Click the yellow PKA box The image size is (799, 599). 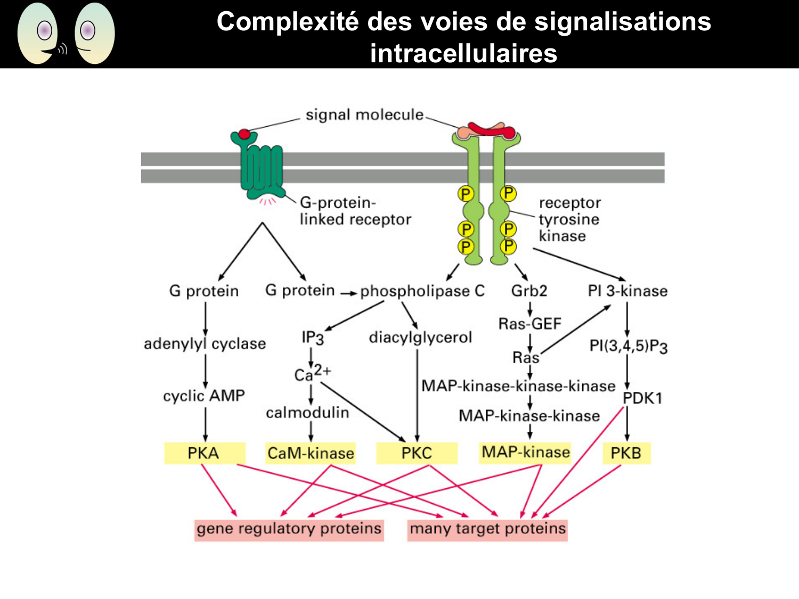click(x=204, y=453)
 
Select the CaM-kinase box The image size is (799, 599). click(x=311, y=453)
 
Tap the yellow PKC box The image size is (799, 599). click(x=417, y=453)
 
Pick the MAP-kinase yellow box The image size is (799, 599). click(x=525, y=452)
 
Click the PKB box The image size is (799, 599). click(x=626, y=453)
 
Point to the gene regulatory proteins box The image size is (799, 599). click(x=289, y=529)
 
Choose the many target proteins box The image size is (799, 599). click(x=487, y=529)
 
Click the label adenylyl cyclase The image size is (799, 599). click(x=205, y=344)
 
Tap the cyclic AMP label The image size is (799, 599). click(x=204, y=396)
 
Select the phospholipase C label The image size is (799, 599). click(x=422, y=291)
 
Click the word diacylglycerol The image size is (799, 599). click(x=420, y=338)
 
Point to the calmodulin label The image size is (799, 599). click(x=307, y=413)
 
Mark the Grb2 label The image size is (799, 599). click(x=529, y=291)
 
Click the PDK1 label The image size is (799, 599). click(x=642, y=398)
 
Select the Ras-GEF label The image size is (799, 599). click(x=529, y=324)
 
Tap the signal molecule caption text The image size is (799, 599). click(x=364, y=115)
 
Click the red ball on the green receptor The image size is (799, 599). click(x=244, y=134)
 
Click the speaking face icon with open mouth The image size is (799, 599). click(x=38, y=33)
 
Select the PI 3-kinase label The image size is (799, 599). click(x=627, y=291)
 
